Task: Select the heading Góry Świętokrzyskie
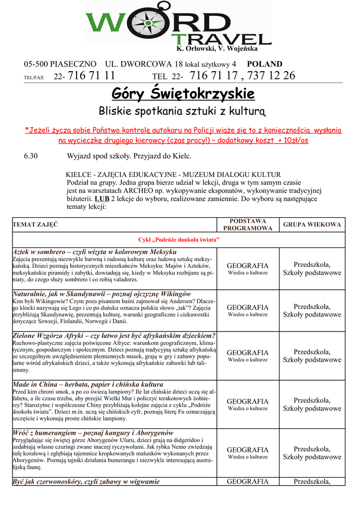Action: pos(183,93)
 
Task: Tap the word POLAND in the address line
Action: pos(265,64)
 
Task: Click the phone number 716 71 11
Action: pos(91,76)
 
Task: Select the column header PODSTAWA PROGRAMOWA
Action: pos(248,225)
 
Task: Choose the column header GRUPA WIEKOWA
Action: pos(312,225)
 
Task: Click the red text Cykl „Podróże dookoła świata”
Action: pos(179,240)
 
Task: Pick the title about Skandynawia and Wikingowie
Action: pos(101,294)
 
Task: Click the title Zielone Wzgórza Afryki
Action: pos(114,336)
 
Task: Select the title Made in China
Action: pos(88,384)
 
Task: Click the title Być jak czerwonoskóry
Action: pos(86,481)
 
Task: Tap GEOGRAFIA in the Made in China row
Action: pos(248,401)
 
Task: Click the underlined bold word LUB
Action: pos(101,199)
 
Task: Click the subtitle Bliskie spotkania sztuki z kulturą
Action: pos(183,110)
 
